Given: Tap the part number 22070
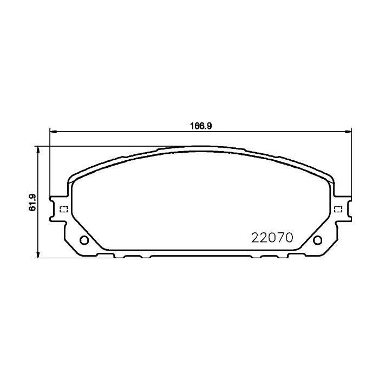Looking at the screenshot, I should pos(272,237).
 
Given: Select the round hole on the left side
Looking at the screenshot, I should pos(84,240).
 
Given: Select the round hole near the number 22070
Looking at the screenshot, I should pos(316,240).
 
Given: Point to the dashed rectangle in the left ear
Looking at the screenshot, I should pos(62,210).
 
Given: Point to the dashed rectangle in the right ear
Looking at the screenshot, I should pos(338,210).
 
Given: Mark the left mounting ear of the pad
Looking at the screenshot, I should pos(58,210).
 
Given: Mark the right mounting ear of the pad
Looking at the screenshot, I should pos(342,210).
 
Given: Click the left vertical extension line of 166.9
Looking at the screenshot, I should pos(50,162).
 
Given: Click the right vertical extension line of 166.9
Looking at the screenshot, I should pos(351,162).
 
